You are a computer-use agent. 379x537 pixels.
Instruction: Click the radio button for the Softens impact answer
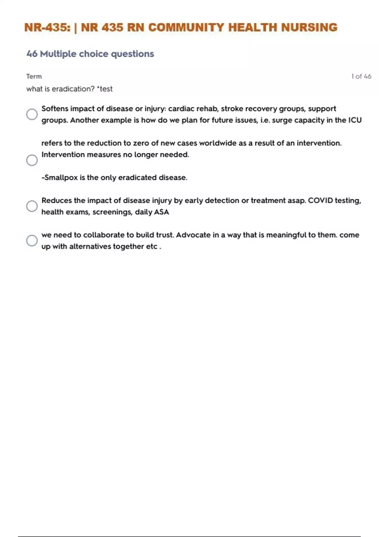(32, 114)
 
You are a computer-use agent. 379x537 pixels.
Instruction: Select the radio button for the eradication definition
(32, 160)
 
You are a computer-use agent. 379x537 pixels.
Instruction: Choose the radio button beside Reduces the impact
(32, 206)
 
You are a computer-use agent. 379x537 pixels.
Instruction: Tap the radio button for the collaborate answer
(32, 240)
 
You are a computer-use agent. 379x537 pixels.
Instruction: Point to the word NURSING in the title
(309, 27)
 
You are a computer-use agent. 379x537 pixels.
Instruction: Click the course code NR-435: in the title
(48, 27)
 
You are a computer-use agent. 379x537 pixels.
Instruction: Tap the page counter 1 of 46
(361, 76)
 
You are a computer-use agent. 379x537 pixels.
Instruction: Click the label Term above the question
(34, 76)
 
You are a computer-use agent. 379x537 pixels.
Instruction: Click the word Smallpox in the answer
(61, 178)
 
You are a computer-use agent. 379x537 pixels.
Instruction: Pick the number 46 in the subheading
(32, 54)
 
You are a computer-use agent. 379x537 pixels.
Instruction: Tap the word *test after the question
(105, 89)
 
